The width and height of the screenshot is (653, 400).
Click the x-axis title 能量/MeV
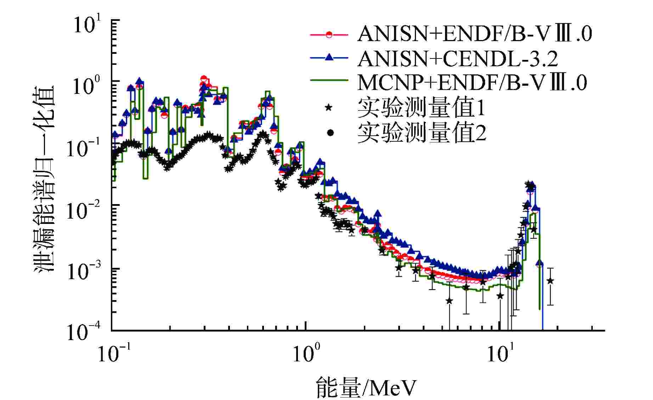point(365,388)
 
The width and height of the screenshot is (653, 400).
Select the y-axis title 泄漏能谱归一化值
point(44,177)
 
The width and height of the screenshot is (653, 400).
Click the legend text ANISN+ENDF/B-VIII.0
point(474,35)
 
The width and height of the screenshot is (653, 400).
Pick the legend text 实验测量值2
point(421,133)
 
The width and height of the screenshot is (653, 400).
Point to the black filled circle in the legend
point(330,133)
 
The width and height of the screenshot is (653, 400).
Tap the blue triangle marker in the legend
point(329,57)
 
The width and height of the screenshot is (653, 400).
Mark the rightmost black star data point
point(550,281)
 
